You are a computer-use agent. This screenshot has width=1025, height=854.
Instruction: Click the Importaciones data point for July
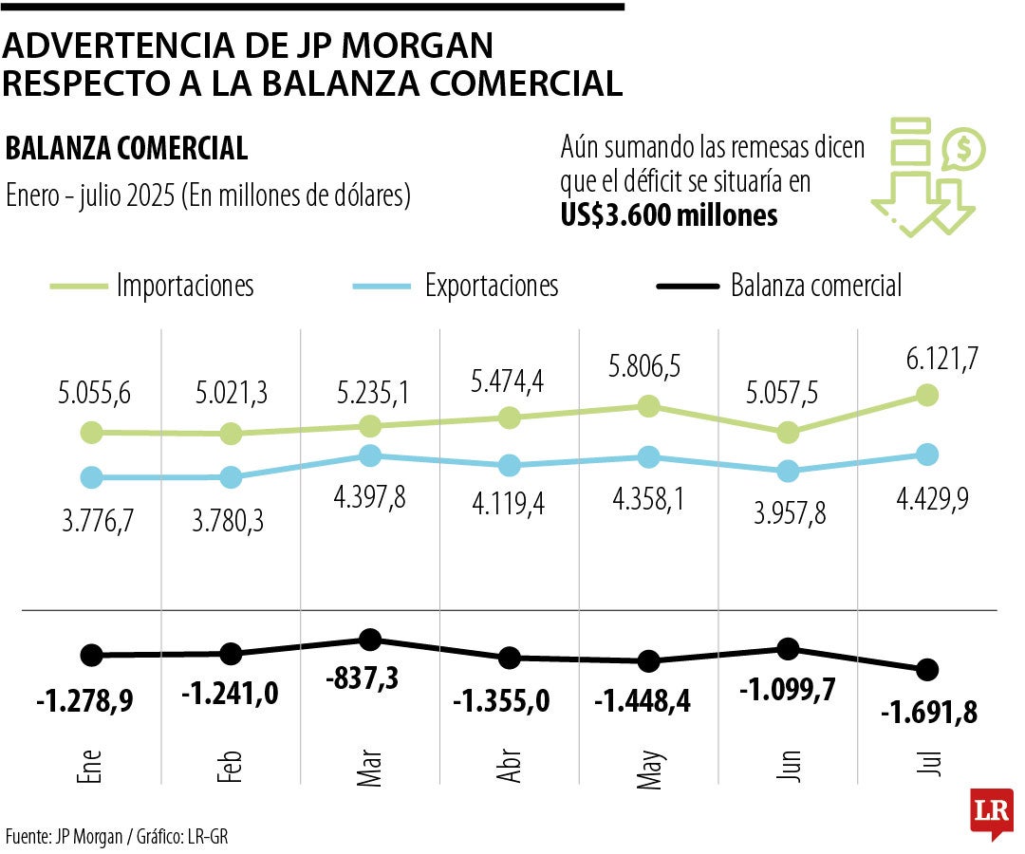coord(927,395)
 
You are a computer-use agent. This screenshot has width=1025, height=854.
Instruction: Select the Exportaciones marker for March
coord(370,455)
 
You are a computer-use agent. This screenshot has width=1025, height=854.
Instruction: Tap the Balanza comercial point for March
coord(370,639)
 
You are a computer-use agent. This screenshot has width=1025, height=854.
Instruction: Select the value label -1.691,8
coord(929,711)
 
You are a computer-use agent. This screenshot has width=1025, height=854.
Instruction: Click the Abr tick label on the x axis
coord(510,763)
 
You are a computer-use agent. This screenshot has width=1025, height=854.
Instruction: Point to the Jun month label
coord(789,763)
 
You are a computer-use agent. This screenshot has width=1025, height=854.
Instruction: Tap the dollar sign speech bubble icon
coord(963,149)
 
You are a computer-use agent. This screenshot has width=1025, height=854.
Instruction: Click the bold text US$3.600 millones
coord(669,215)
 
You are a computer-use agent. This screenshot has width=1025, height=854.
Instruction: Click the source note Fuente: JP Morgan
coord(65,836)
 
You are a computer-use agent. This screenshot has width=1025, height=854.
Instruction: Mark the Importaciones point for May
coord(649,406)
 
